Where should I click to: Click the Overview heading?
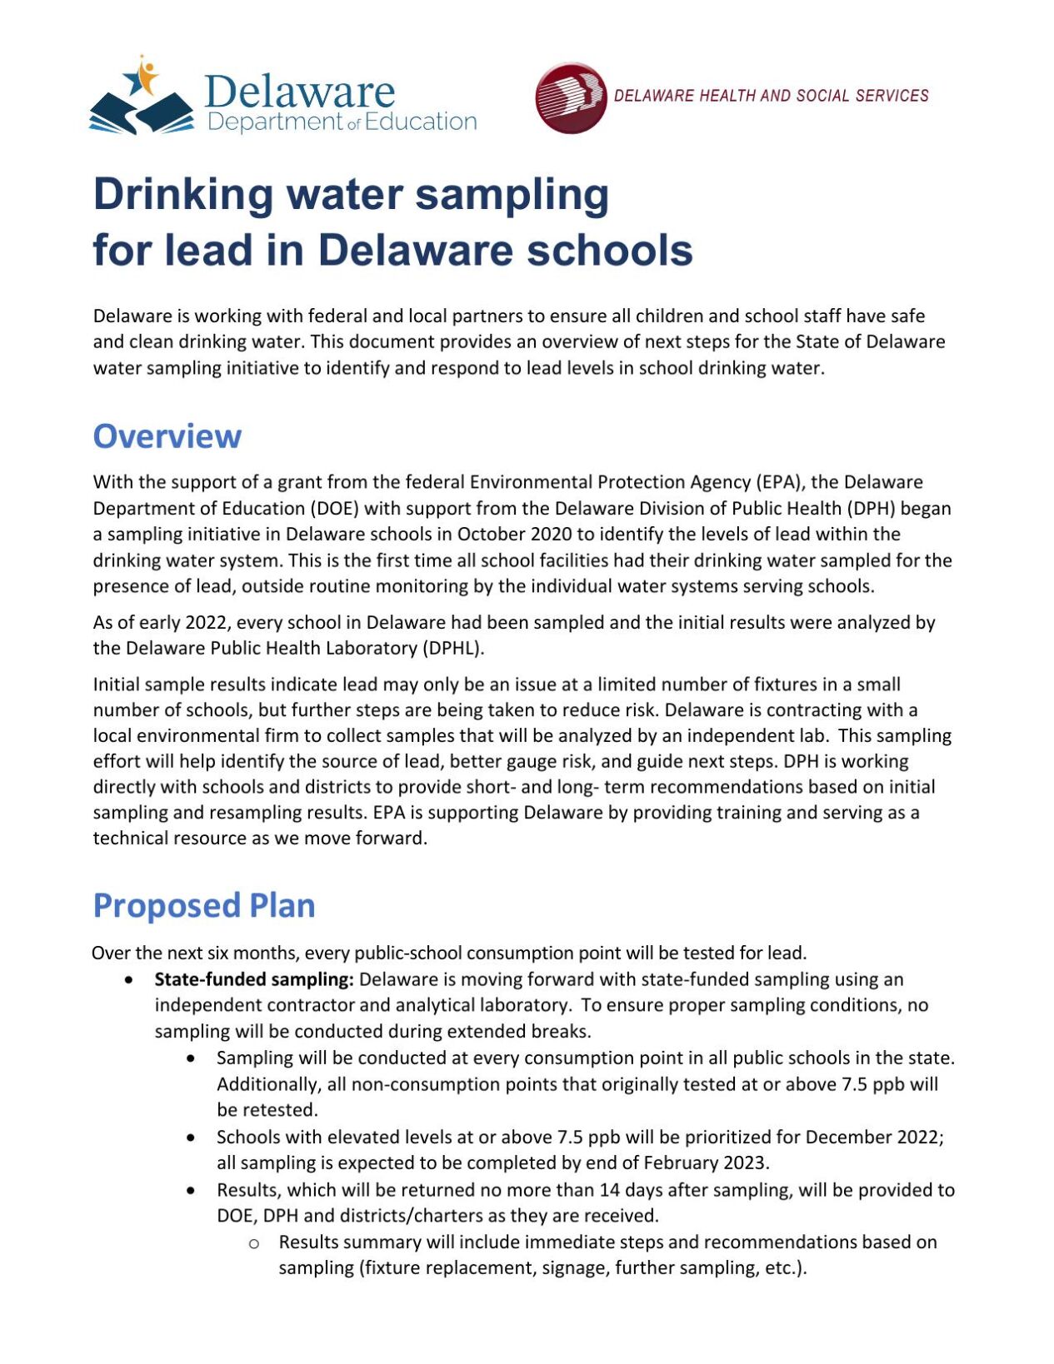[x=167, y=436]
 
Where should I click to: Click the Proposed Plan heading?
[x=203, y=905]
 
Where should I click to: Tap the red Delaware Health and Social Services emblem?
[x=571, y=97]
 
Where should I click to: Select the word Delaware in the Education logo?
[x=299, y=91]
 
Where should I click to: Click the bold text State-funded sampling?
[x=254, y=979]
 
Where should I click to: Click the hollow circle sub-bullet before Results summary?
[x=254, y=1243]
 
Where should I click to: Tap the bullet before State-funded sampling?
[x=129, y=980]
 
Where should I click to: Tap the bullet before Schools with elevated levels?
[x=192, y=1137]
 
